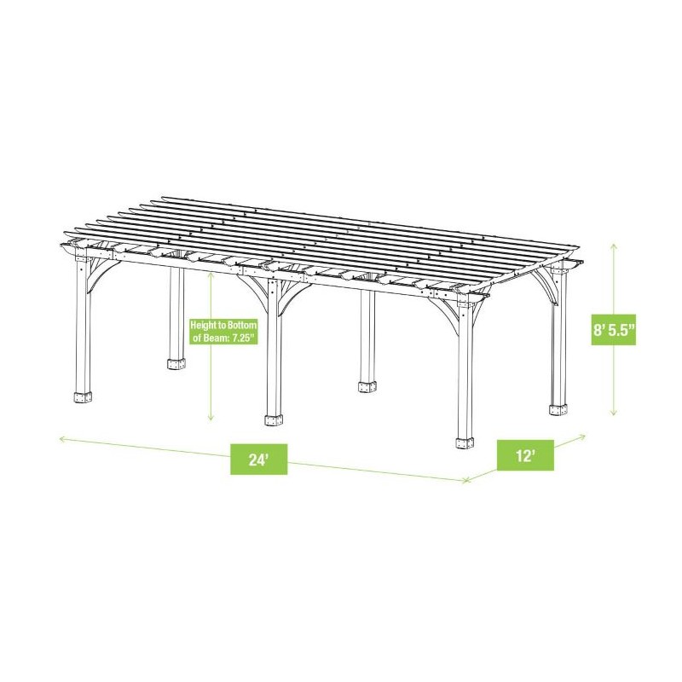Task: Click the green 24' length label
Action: click(258, 460)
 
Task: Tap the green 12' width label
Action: click(526, 455)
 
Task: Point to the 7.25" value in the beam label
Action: click(240, 339)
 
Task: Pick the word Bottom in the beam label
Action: click(241, 326)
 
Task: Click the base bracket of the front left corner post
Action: click(83, 399)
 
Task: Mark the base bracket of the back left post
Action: click(176, 364)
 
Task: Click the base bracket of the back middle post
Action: click(367, 386)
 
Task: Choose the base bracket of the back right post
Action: click(558, 408)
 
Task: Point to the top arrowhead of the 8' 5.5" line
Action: click(613, 245)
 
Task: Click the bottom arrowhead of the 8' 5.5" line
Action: click(613, 413)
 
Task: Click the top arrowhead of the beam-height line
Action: click(211, 275)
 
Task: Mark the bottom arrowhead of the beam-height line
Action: click(211, 419)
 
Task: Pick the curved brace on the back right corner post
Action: click(544, 286)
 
